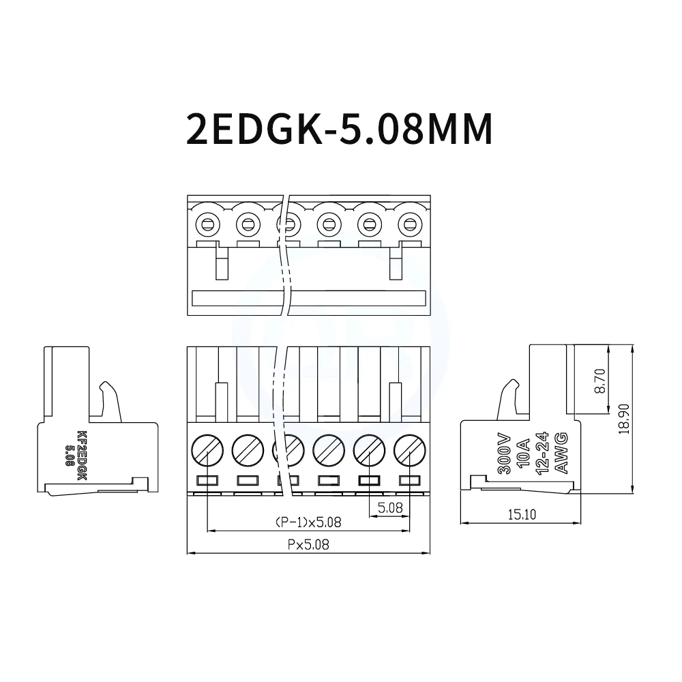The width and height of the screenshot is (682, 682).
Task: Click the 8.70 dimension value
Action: coord(599,381)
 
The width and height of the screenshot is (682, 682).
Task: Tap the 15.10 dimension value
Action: coord(521,514)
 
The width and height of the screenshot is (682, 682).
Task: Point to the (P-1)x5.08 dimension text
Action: coord(308,522)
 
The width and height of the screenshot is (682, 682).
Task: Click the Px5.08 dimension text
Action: coord(309,545)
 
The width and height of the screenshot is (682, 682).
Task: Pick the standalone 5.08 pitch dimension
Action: coord(389,507)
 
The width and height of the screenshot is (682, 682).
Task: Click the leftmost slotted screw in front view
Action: coord(207,449)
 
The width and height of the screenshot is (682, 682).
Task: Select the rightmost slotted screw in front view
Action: coord(410,449)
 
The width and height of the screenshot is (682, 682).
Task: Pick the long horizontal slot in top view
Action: coord(308,298)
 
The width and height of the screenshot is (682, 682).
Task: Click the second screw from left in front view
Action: coord(247,449)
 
